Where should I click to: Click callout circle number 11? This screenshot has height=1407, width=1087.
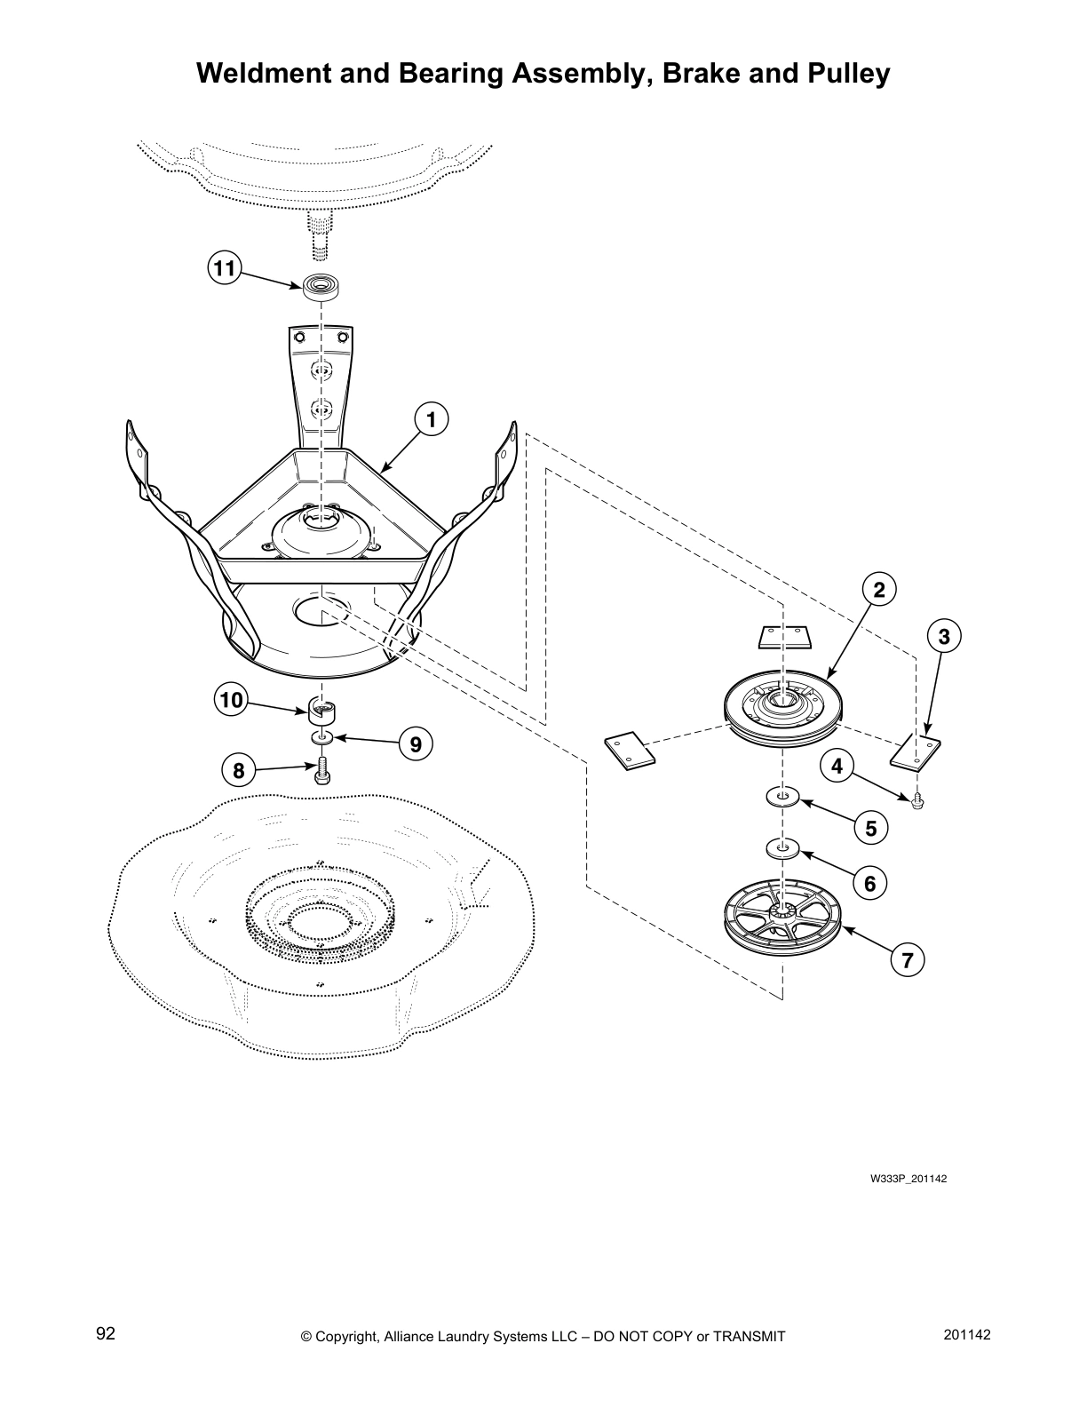point(225,267)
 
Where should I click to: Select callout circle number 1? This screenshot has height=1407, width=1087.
point(432,419)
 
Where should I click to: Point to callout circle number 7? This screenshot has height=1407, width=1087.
point(907,960)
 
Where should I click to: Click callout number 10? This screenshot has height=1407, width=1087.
point(231,700)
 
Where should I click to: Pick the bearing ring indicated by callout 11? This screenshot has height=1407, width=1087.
point(323,287)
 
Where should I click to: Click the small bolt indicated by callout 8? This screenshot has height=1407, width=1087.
point(322,771)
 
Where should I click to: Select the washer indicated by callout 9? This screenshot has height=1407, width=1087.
point(322,738)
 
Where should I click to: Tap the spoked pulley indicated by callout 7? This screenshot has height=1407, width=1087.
point(782,928)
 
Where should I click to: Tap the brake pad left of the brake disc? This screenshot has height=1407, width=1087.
point(630,748)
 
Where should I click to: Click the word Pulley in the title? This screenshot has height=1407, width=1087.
point(845,73)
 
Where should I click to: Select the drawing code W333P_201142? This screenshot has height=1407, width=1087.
point(908,1180)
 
